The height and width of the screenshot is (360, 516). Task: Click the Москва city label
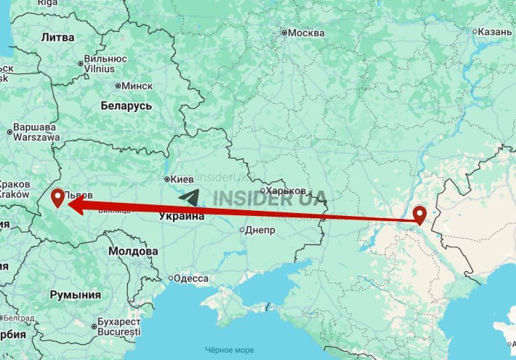306,33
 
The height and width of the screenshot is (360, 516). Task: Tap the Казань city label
497,31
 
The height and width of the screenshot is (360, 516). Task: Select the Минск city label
137,85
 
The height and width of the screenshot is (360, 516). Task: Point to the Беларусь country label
126,106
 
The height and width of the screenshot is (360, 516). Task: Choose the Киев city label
182,178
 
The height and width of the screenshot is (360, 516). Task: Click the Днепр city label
261,231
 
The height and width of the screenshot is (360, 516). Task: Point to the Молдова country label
133,251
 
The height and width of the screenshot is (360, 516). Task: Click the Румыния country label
75,295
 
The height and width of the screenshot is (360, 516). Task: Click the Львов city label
79,195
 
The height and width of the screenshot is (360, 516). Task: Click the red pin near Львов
59,196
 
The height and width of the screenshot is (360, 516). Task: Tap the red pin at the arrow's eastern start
419,215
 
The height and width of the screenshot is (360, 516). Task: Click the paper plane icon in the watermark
189,198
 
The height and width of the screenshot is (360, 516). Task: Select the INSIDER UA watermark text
270,199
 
